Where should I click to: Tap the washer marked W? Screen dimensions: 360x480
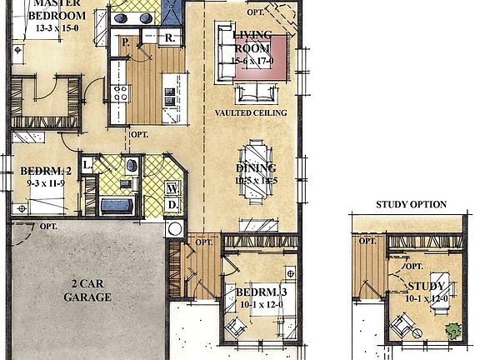point(171,187)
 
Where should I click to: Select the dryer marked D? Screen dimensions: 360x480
point(171,204)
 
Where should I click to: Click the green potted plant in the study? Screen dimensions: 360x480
point(452,330)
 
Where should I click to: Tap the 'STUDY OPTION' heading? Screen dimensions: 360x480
point(411,204)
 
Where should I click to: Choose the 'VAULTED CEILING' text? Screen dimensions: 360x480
point(251,112)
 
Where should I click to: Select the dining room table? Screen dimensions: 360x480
point(255,173)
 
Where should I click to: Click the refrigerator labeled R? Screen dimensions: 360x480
point(169,37)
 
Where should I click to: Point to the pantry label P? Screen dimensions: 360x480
point(125,41)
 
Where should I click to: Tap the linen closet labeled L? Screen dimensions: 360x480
point(87,165)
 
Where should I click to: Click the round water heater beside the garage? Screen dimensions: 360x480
point(175,229)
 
